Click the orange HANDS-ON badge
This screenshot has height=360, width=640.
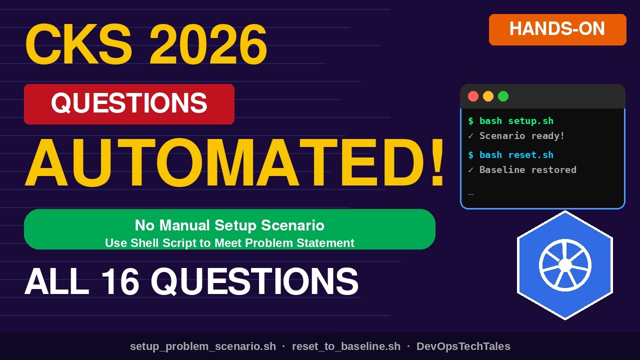pyautogui.click(x=557, y=29)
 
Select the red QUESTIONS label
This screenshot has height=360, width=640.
pyautogui.click(x=129, y=104)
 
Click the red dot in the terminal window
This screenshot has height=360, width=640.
pyautogui.click(x=473, y=96)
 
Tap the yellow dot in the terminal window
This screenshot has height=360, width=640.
pyautogui.click(x=488, y=96)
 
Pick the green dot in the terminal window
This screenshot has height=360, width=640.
pyautogui.click(x=503, y=96)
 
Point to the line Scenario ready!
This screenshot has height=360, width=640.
pyautogui.click(x=521, y=136)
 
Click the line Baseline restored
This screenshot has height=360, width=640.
pyautogui.click(x=527, y=170)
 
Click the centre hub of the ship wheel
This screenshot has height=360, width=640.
pyautogui.click(x=565, y=265)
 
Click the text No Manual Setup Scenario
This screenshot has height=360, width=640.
pyautogui.click(x=229, y=225)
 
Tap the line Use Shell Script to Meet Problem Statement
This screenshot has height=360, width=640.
pyautogui.click(x=229, y=243)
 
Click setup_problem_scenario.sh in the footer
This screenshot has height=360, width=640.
pyautogui.click(x=203, y=346)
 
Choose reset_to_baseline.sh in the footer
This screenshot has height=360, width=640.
pyautogui.click(x=346, y=346)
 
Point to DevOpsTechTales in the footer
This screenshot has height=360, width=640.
pyautogui.click(x=463, y=346)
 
